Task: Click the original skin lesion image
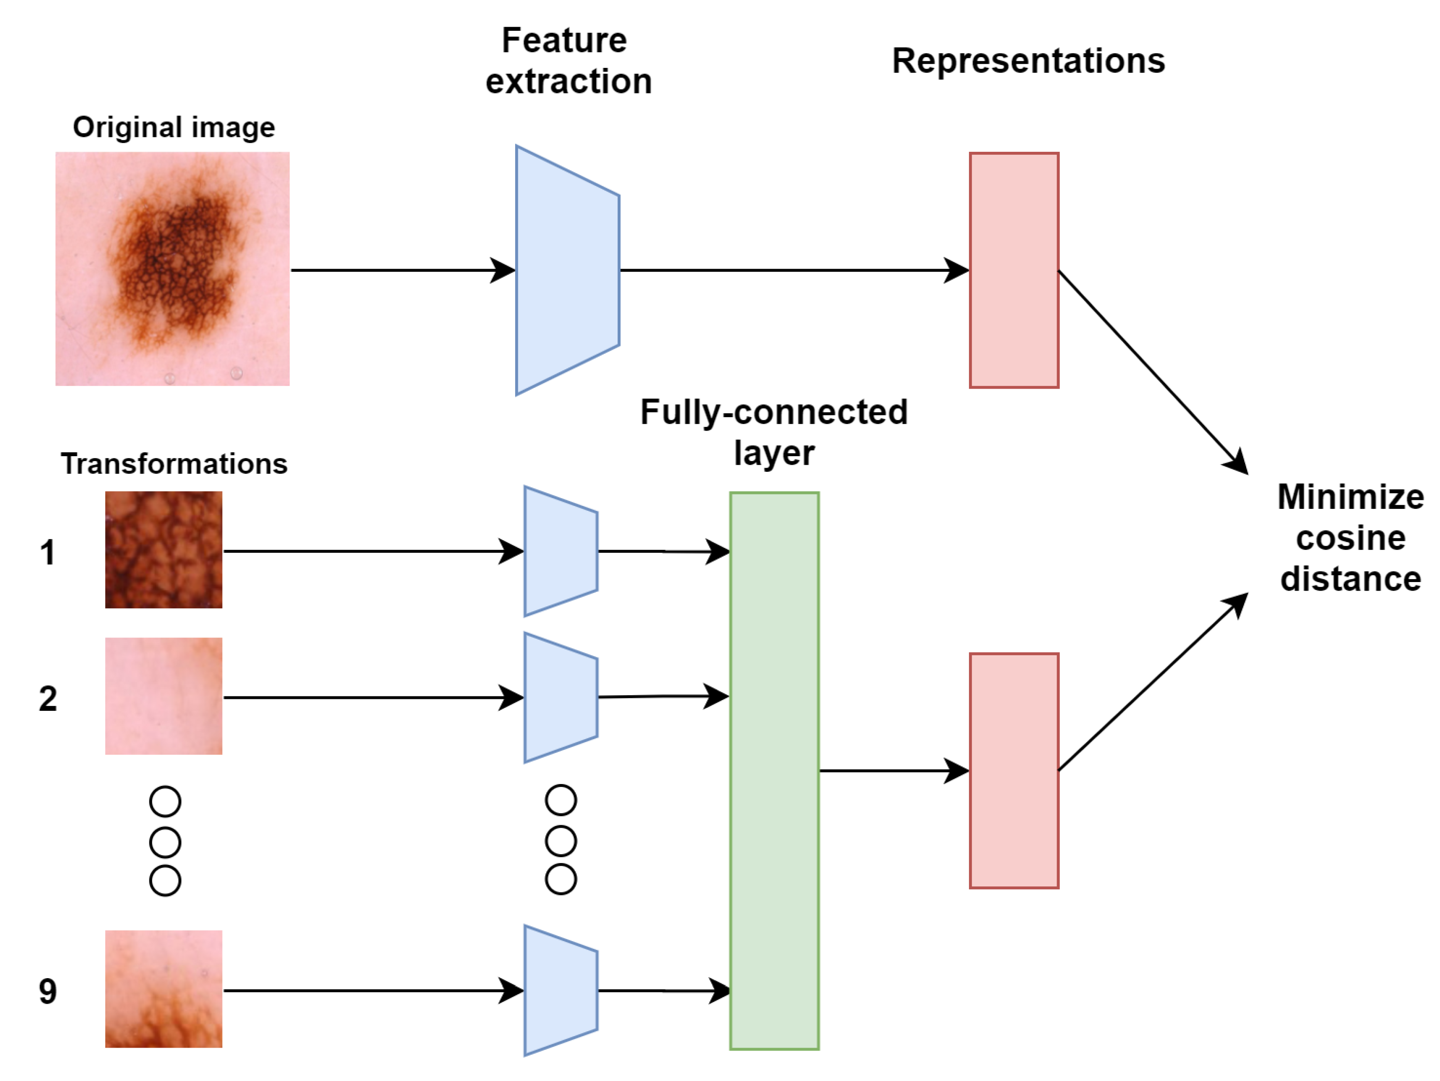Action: (x=172, y=268)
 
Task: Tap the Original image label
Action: (x=173, y=127)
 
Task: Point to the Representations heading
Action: (x=1028, y=61)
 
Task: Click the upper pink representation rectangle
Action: (x=1014, y=270)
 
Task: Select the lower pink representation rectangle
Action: (x=1014, y=770)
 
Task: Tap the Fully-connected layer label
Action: (x=773, y=431)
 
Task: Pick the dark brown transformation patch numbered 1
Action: (x=163, y=550)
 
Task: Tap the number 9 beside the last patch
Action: (x=48, y=991)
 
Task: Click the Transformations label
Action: (x=174, y=464)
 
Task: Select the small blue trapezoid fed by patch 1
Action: (x=560, y=551)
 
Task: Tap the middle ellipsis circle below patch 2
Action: (x=165, y=842)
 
